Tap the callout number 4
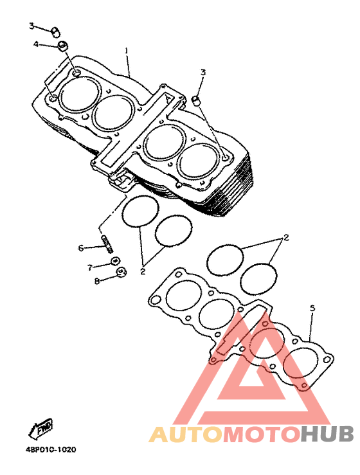pyautogui.click(x=37, y=44)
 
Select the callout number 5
pyautogui.click(x=312, y=308)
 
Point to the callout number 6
pyautogui.click(x=80, y=248)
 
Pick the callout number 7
pyautogui.click(x=89, y=267)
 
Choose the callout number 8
pyautogui.click(x=96, y=281)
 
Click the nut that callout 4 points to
pyautogui.click(x=63, y=46)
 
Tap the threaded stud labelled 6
pyautogui.click(x=108, y=244)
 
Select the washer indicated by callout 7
pyautogui.click(x=116, y=261)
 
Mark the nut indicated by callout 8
pyautogui.click(x=121, y=271)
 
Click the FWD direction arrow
pyautogui.click(x=40, y=428)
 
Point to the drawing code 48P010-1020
pyautogui.click(x=51, y=449)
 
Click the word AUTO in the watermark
pyautogui.click(x=185, y=434)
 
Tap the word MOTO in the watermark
pyautogui.click(x=260, y=434)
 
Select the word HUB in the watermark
pyautogui.click(x=327, y=434)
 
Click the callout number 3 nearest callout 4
pyautogui.click(x=32, y=26)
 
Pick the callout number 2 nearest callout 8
pyautogui.click(x=143, y=271)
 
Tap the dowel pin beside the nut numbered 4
pyautogui.click(x=55, y=31)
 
